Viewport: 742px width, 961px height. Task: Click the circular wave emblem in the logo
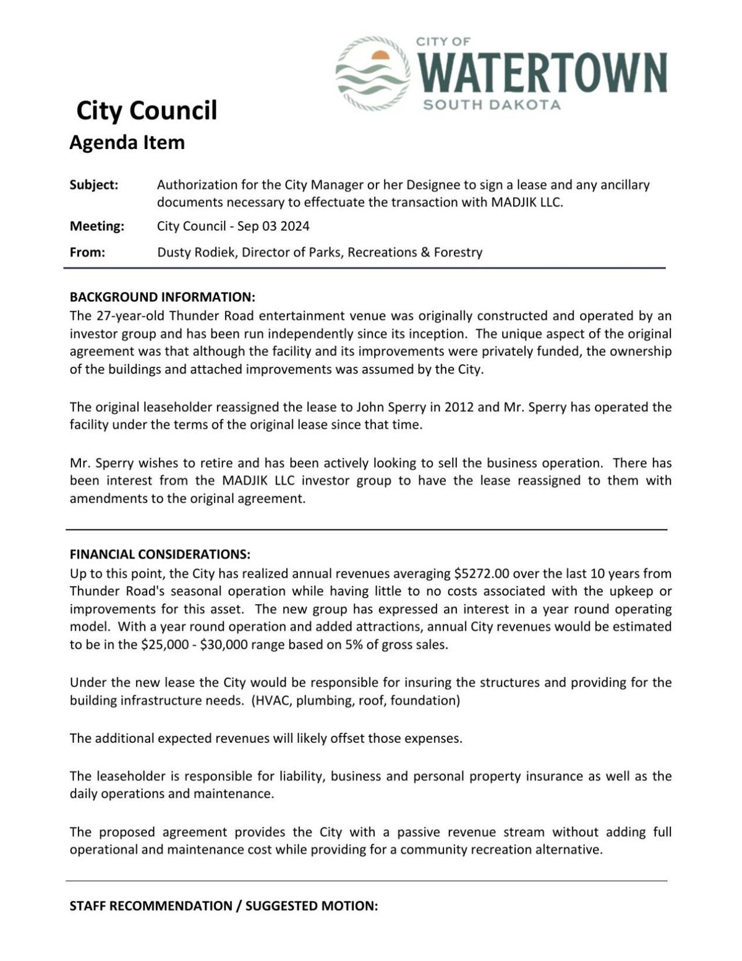tap(372, 74)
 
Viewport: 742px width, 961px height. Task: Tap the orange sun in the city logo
tap(380, 56)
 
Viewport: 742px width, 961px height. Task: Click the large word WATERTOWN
tap(543, 73)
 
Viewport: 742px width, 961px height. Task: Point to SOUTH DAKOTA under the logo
tap(492, 105)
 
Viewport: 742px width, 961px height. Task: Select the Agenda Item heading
tap(127, 142)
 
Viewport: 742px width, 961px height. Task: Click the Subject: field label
tap(93, 185)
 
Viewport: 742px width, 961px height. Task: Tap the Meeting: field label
tap(96, 226)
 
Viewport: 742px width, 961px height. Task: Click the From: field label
tap(87, 252)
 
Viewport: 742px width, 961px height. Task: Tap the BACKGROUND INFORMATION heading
tap(162, 297)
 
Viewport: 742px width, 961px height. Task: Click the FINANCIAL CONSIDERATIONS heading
tap(160, 554)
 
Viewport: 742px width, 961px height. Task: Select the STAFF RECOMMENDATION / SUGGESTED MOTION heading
tap(223, 906)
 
